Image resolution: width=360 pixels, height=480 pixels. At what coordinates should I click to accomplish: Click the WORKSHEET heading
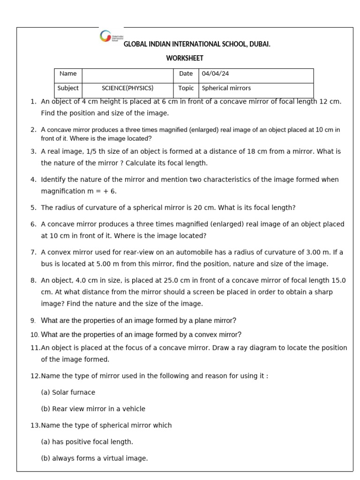coord(185,59)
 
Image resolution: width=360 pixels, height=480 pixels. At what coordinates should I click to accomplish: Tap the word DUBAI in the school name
coord(258,45)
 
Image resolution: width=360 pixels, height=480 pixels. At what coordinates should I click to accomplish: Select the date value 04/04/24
coord(215,74)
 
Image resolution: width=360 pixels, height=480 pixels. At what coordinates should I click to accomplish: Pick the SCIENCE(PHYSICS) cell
coord(127,88)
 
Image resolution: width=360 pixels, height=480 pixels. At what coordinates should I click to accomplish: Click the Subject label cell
coord(68,88)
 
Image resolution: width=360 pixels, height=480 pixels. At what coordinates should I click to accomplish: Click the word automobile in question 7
coord(176,252)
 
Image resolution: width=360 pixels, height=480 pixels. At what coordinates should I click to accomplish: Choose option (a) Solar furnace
coord(68,392)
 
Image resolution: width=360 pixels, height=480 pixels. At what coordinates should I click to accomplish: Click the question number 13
coord(35,425)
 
